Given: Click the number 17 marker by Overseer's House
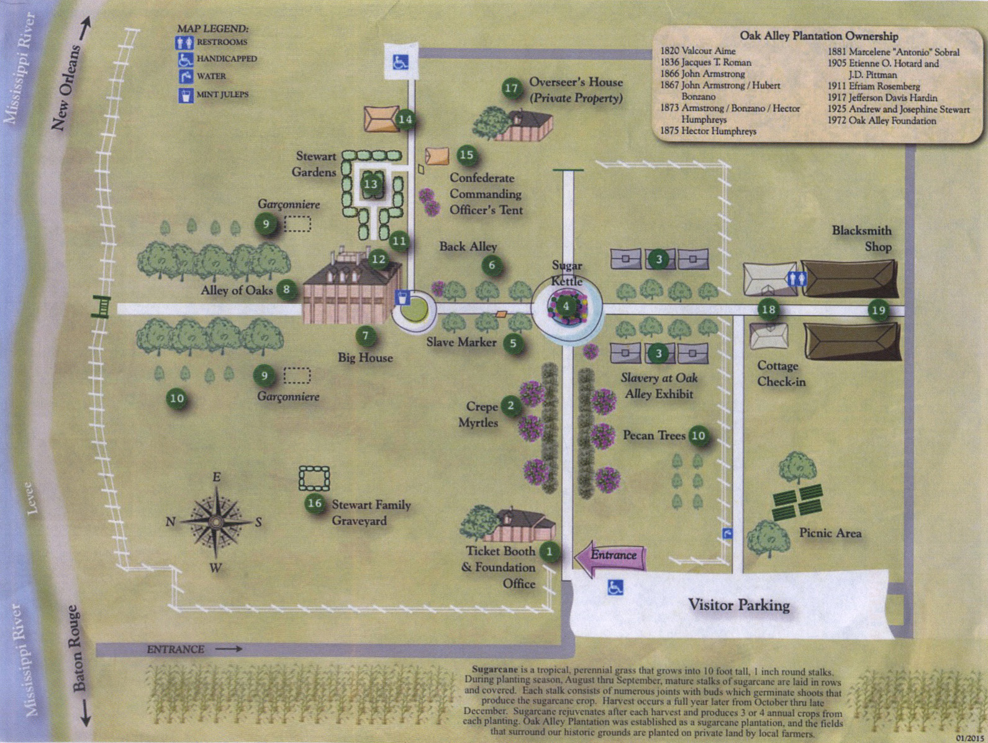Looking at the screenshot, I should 511,88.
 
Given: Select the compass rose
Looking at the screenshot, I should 215,522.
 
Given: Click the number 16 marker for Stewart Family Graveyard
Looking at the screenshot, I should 315,503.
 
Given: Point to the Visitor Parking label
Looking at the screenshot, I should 738,605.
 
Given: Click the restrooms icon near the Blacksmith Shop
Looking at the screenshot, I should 796,279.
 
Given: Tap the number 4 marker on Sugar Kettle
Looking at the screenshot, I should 566,306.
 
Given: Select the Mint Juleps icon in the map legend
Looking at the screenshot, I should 185,95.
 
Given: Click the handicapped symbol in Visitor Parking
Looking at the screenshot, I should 615,587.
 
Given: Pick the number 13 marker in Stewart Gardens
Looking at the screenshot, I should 371,184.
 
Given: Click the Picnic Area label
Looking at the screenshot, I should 830,533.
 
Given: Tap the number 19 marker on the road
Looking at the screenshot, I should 878,310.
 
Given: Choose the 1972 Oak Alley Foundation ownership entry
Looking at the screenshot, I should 881,121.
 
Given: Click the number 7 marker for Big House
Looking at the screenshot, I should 366,336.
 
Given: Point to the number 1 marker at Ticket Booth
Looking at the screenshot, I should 549,551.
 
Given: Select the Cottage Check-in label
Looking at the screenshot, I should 781,374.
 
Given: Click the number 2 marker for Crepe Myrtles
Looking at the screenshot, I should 510,406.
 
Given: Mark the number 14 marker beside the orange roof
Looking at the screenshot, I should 405,119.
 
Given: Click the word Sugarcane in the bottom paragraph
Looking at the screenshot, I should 494,670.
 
